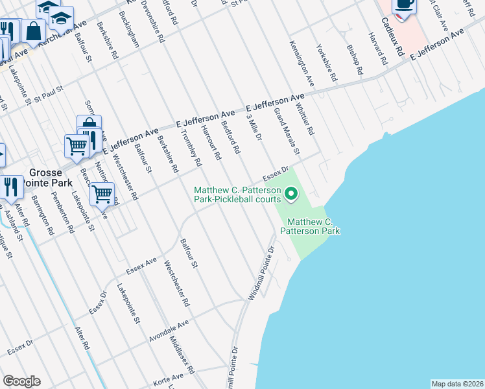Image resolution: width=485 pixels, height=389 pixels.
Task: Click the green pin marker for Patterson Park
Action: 291,193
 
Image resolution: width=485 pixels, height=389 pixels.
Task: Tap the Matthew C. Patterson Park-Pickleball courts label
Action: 238,194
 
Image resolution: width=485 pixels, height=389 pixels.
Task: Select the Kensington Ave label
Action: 302,64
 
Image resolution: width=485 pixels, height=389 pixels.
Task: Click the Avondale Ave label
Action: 168,330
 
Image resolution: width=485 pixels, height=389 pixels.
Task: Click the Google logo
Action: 22,381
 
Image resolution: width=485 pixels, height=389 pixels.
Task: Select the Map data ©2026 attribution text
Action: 457,384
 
